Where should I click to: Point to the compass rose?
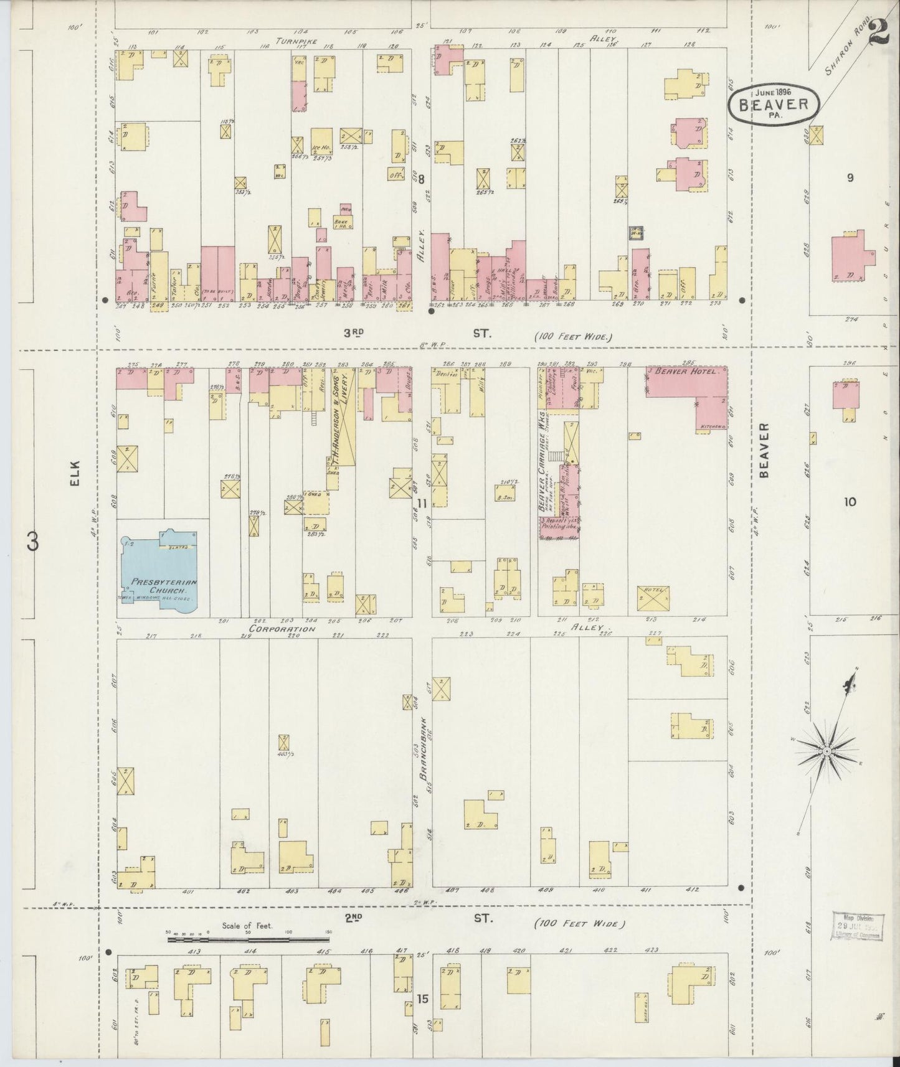pos(827,750)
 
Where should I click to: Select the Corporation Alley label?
pos(282,629)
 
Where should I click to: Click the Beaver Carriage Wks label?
pos(542,461)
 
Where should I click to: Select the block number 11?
pos(422,504)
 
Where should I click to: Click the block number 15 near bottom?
pos(422,1000)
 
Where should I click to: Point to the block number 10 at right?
pos(850,502)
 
